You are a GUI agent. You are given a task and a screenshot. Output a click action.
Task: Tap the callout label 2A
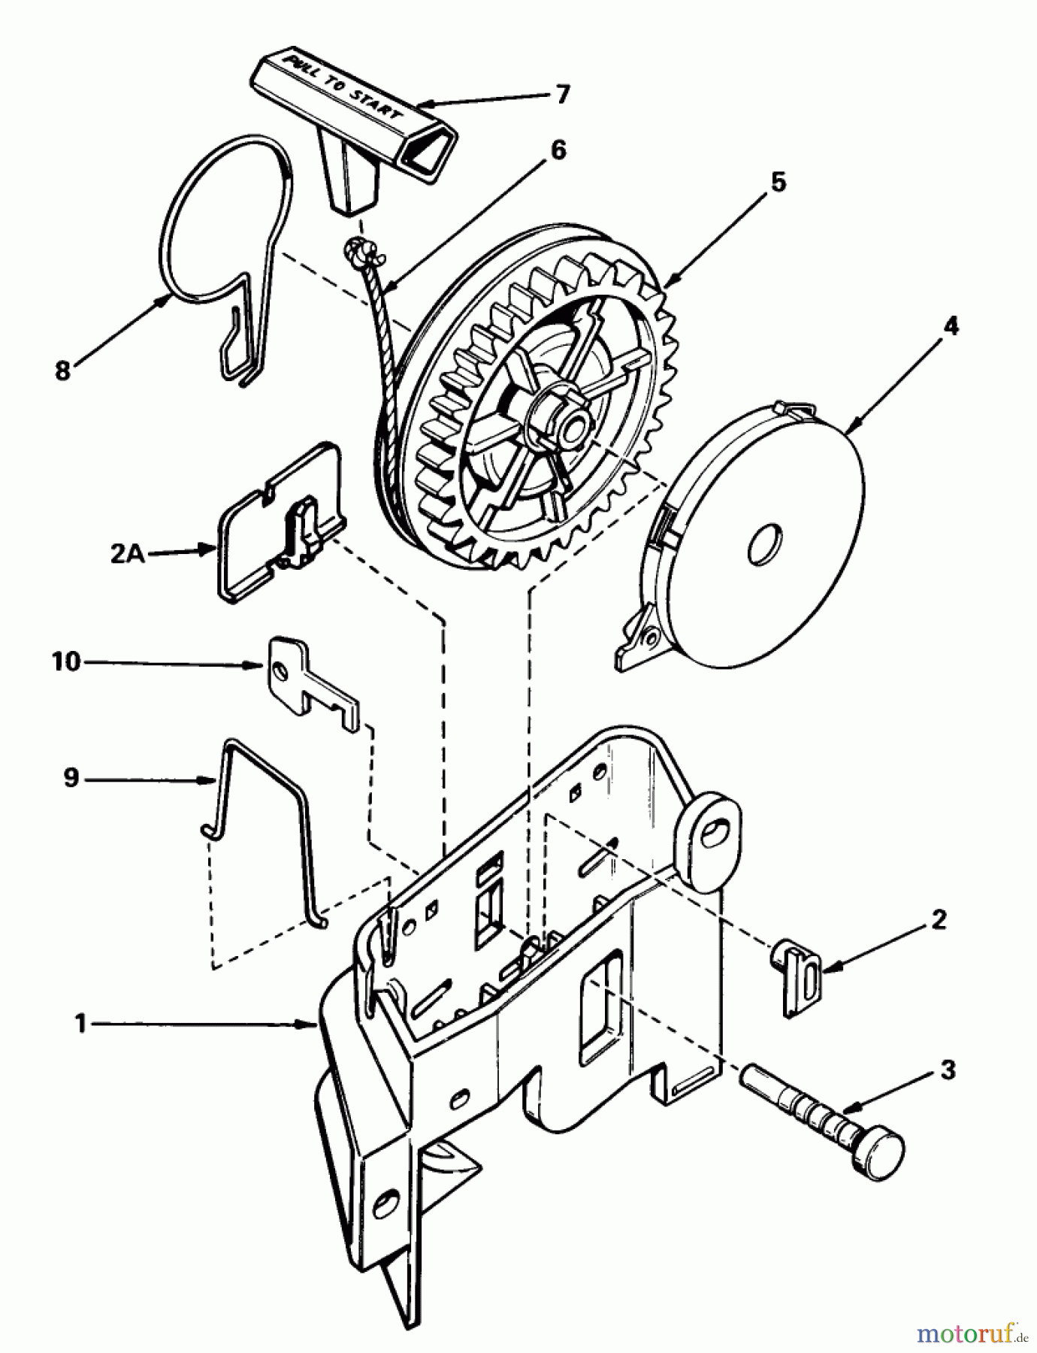tap(128, 554)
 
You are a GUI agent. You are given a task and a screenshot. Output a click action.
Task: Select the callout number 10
tap(65, 662)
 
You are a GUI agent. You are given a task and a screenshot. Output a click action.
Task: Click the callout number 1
tap(80, 1024)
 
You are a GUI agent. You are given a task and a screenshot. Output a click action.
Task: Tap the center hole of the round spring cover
tap(765, 543)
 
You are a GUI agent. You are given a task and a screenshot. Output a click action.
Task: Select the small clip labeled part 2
tap(799, 975)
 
